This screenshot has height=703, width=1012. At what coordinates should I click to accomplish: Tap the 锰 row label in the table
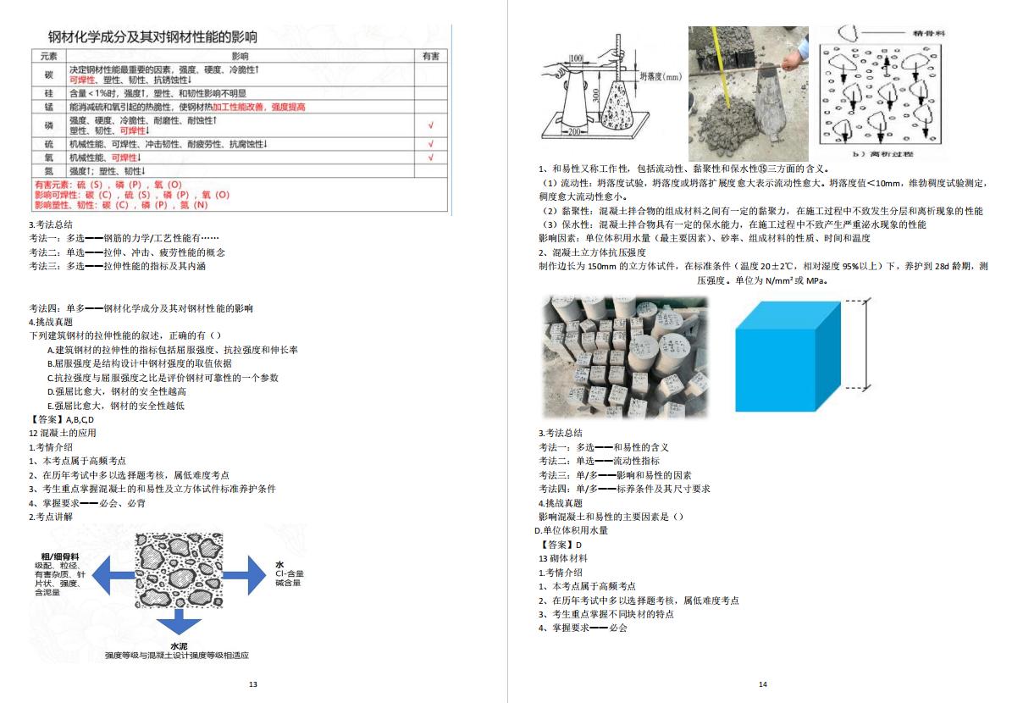coord(48,108)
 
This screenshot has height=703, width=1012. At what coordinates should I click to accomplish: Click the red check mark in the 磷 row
coord(431,125)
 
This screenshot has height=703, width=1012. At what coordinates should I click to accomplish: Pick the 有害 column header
coord(431,56)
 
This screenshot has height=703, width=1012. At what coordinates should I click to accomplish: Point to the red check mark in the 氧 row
coord(431,158)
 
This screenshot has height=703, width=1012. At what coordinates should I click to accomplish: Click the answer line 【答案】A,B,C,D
coord(61,419)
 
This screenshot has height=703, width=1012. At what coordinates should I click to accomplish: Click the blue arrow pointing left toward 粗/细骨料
coord(111,576)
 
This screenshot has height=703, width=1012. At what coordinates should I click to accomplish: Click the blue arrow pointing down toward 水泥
coord(178,623)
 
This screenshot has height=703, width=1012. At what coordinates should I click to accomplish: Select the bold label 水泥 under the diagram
coord(178,645)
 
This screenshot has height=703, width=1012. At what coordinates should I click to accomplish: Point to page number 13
coord(252,684)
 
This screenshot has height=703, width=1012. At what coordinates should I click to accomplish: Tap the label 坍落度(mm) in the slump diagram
coord(660,76)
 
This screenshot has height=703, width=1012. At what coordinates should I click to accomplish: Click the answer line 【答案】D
coord(561,545)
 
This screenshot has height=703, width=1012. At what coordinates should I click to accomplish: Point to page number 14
coord(762,684)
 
